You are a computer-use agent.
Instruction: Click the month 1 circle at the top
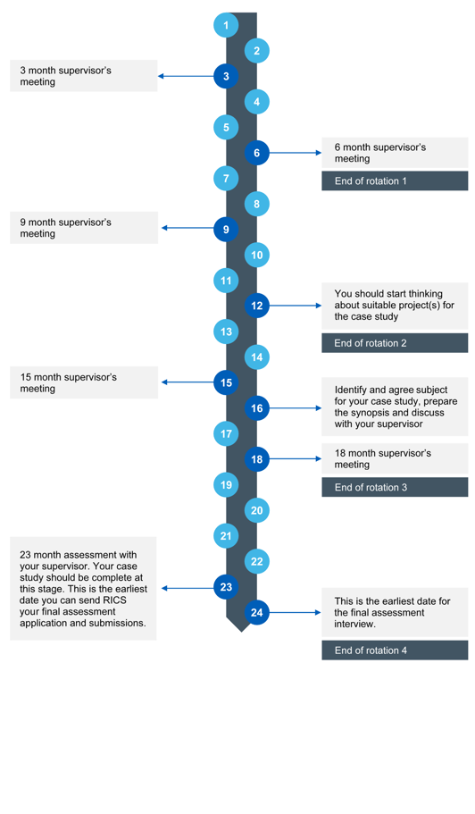point(226,25)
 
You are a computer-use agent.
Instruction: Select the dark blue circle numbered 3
point(226,76)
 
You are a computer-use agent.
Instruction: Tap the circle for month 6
point(257,153)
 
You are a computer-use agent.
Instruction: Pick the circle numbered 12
point(257,306)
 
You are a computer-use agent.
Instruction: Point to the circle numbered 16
point(257,408)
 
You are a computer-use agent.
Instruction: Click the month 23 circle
point(226,587)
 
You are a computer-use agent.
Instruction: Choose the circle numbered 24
point(257,612)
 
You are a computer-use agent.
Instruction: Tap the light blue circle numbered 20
point(257,511)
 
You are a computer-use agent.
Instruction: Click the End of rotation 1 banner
point(395,181)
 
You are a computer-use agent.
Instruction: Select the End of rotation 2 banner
point(395,343)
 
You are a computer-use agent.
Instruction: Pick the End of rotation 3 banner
point(395,488)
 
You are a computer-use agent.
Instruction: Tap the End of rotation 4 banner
point(395,650)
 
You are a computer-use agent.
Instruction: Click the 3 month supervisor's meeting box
point(83,76)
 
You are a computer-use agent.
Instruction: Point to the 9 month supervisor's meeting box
point(83,228)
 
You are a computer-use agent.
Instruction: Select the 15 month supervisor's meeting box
point(83,382)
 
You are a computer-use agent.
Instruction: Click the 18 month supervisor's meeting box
point(395,458)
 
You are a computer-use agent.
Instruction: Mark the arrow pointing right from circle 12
point(295,306)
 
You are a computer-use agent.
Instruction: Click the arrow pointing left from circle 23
point(187,588)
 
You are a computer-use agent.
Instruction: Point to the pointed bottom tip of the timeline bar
point(241,630)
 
